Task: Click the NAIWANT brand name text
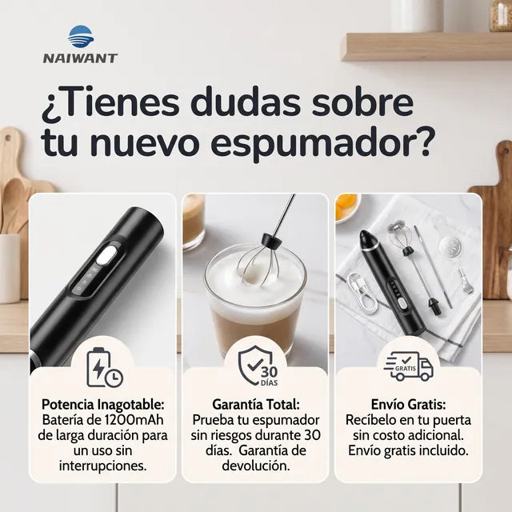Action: tap(80, 58)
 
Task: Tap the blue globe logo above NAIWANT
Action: tap(81, 37)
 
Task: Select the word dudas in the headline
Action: tap(246, 102)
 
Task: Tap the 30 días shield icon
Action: tap(258, 366)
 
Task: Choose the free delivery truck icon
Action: tap(409, 366)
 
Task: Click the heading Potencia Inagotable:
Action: tap(102, 405)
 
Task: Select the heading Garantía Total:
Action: tap(256, 405)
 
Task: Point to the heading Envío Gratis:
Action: tap(408, 405)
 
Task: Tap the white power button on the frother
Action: tap(106, 256)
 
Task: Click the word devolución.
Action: tap(256, 466)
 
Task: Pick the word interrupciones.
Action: tap(102, 466)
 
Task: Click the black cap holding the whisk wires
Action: tap(272, 239)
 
